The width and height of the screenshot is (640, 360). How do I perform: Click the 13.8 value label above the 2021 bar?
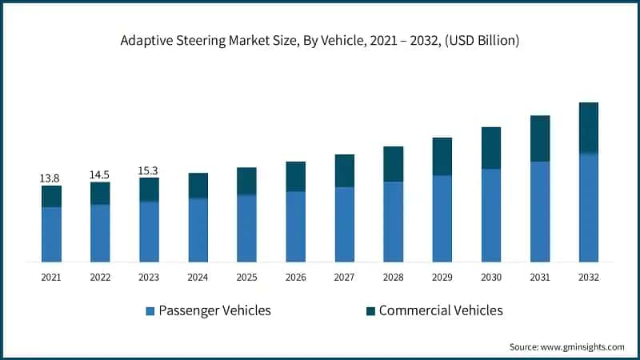(x=50, y=178)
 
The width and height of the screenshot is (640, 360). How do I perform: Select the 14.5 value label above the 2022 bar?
(x=100, y=174)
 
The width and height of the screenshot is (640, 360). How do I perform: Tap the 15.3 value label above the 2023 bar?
(x=149, y=170)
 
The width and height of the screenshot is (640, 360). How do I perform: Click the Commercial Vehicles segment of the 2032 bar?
(x=589, y=127)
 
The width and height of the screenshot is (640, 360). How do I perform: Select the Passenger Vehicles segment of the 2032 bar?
(x=589, y=207)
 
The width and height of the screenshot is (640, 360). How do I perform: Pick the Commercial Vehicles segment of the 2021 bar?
(x=51, y=196)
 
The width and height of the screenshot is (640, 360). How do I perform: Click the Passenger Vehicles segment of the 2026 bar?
(x=296, y=226)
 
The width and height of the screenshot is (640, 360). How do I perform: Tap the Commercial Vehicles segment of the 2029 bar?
(x=442, y=156)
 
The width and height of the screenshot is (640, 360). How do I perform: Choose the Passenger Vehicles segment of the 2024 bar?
(x=198, y=230)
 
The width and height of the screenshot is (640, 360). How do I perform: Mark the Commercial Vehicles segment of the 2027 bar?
(x=345, y=170)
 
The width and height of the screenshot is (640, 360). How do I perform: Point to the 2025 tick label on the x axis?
(x=246, y=277)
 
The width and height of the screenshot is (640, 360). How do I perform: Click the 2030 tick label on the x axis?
(x=491, y=277)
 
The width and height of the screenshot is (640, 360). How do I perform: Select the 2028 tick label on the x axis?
(x=394, y=277)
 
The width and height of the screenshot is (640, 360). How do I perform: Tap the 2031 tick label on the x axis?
(x=540, y=277)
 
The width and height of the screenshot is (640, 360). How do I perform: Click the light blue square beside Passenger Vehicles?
(x=150, y=310)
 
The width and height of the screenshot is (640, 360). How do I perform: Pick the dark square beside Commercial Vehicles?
(x=370, y=310)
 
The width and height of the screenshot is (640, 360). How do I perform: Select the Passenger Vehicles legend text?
(x=214, y=310)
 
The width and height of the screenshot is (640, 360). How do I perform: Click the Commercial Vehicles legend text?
(x=441, y=310)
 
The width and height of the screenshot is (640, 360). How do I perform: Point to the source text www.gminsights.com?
(x=583, y=346)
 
